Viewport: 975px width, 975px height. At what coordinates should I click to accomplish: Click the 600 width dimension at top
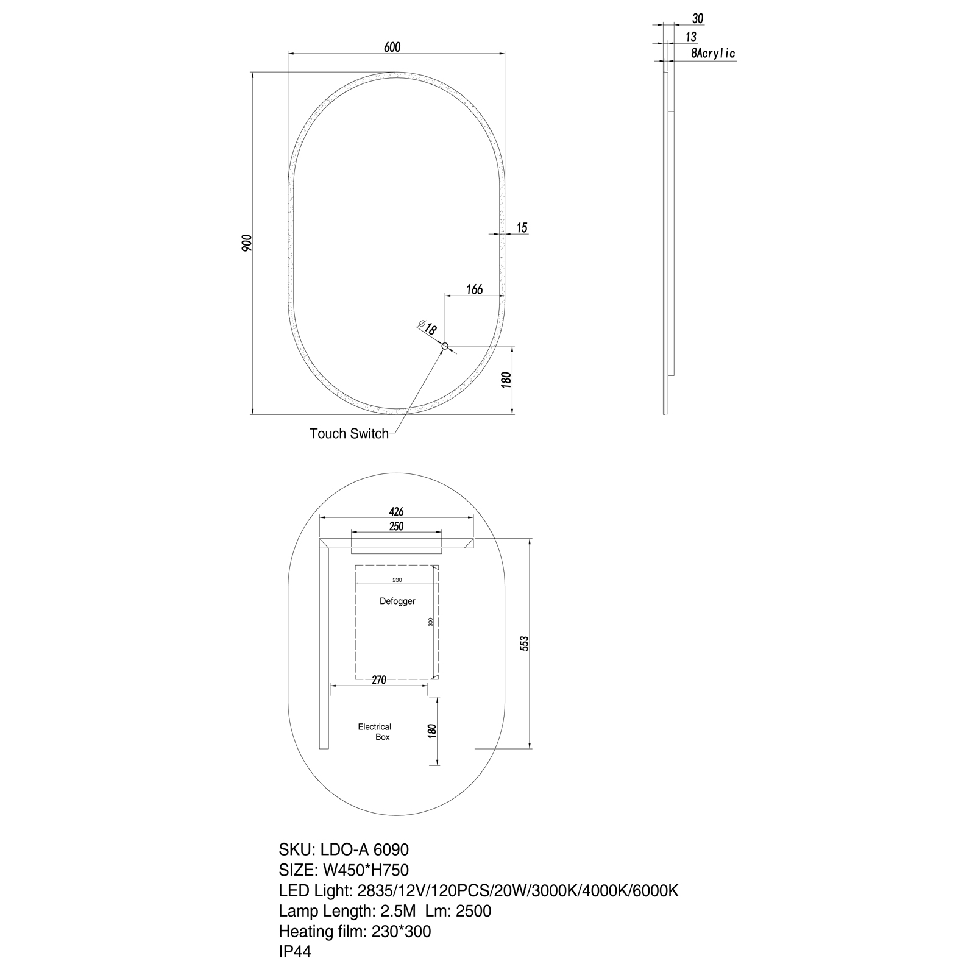(392, 47)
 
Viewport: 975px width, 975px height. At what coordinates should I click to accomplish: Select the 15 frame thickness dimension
(522, 228)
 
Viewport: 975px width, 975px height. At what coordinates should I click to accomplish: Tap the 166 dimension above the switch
(474, 289)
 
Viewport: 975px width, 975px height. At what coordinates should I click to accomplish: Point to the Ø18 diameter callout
(428, 328)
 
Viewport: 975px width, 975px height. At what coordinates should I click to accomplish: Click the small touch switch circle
(445, 347)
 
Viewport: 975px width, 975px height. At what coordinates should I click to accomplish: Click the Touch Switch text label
(349, 434)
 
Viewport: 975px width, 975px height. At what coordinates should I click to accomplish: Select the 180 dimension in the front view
(505, 380)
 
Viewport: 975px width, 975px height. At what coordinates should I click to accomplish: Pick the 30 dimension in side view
(698, 19)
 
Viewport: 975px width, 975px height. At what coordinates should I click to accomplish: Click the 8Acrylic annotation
(713, 54)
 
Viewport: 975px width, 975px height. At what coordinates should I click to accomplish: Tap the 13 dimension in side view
(690, 37)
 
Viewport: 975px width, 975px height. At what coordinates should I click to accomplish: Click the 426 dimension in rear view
(396, 512)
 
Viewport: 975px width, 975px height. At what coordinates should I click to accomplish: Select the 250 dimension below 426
(396, 526)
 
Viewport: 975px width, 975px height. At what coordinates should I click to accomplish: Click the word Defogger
(397, 601)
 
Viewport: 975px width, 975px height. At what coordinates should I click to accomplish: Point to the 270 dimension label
(379, 680)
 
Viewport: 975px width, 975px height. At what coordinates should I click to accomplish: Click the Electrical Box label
(375, 732)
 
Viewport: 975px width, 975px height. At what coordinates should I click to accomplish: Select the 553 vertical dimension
(524, 643)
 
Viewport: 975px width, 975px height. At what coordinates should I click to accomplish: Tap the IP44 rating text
(295, 952)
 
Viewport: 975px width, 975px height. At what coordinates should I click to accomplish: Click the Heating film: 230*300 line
(355, 931)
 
